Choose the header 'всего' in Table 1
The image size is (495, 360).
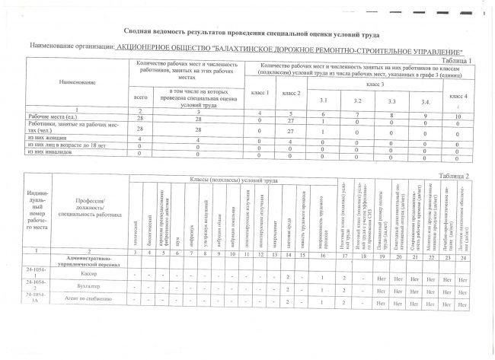(140, 97)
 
